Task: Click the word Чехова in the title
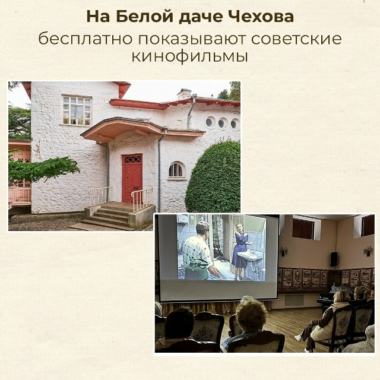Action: pyautogui.click(x=261, y=17)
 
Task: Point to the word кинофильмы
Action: pyautogui.click(x=189, y=58)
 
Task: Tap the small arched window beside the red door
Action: pyautogui.click(x=176, y=170)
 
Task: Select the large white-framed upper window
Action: pyautogui.click(x=77, y=110)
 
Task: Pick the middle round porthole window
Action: pyautogui.click(x=223, y=123)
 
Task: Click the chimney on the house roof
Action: pyautogui.click(x=185, y=93)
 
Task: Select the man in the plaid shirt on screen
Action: pyautogui.click(x=199, y=252)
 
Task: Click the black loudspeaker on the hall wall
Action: pyautogui.click(x=334, y=258)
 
